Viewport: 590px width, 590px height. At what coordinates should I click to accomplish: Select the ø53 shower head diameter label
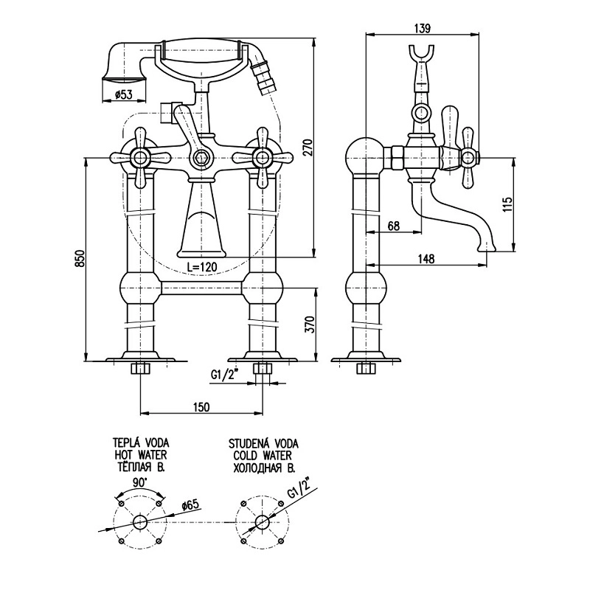124,94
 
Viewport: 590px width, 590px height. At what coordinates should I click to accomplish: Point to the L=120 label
202,265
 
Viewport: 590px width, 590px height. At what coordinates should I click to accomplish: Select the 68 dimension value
393,226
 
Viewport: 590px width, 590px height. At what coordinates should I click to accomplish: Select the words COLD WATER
263,455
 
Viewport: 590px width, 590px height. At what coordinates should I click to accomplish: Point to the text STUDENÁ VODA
263,443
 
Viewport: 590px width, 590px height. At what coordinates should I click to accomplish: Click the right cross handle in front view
262,156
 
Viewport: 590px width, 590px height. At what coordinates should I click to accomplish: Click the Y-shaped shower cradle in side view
423,58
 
